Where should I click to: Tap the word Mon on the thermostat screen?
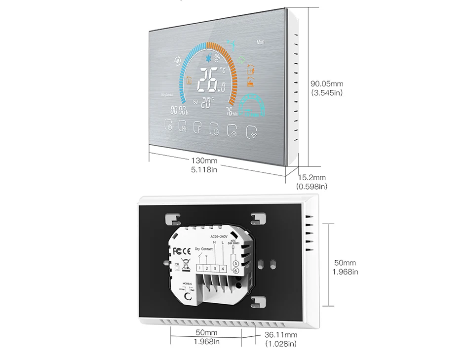coord(261,42)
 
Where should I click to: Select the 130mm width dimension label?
coord(204,161)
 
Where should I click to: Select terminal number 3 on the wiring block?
coord(216,268)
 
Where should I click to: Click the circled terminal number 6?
coord(235,271)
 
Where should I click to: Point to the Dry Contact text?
coord(204,249)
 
